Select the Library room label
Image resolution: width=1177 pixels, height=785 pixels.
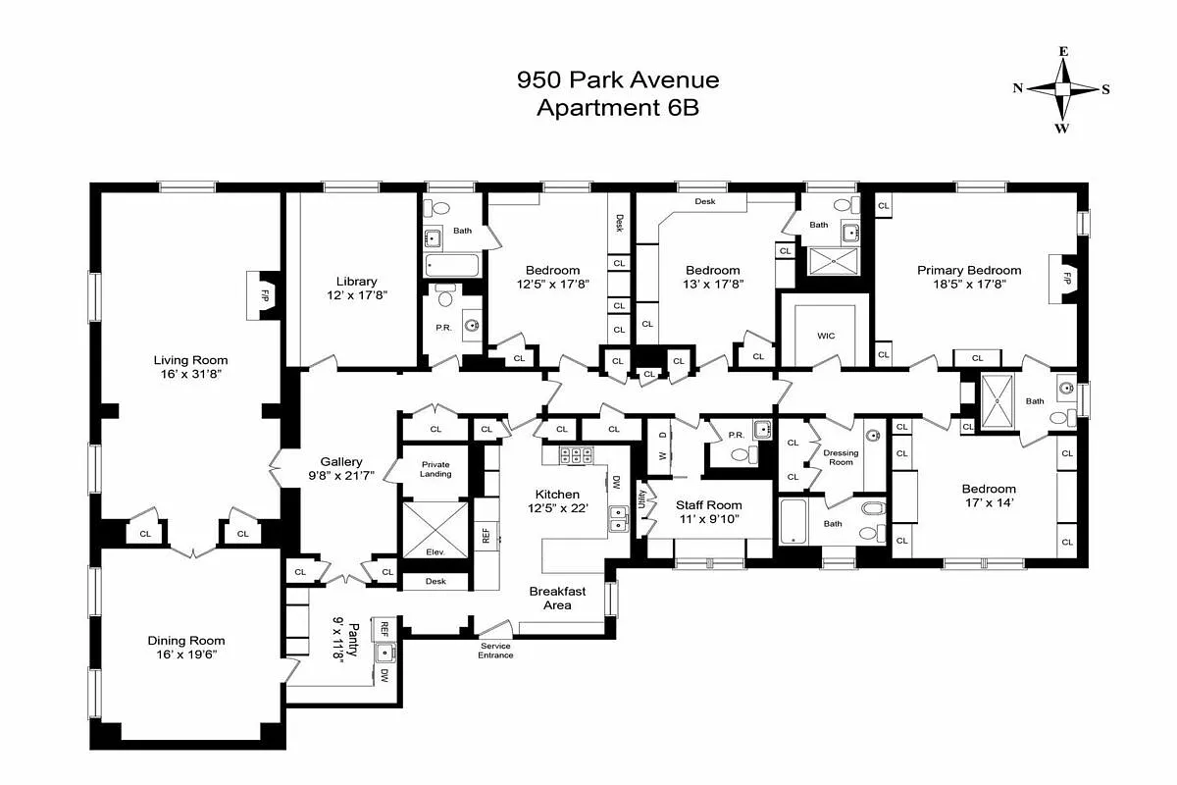point(355,282)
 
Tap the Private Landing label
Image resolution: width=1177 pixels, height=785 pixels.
point(435,469)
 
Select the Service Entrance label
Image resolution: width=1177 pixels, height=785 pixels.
point(495,650)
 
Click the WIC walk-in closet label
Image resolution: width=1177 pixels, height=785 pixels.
point(825,336)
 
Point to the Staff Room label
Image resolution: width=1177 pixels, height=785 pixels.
point(708,504)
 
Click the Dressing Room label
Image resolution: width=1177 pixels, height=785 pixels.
point(840,457)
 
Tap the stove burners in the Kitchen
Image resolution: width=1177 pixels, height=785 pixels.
point(572,455)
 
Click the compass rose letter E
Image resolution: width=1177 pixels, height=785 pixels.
point(1062,51)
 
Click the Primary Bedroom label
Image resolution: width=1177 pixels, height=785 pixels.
point(969,270)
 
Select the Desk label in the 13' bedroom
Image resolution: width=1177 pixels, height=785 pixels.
point(704,201)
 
